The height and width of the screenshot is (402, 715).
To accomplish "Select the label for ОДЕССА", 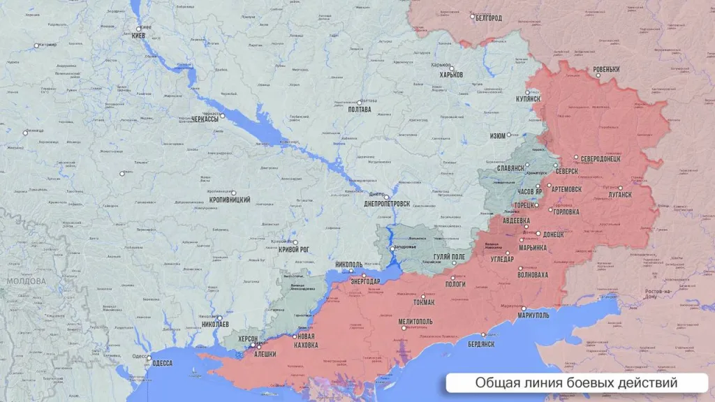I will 162,363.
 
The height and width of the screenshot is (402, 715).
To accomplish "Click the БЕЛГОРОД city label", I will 488,18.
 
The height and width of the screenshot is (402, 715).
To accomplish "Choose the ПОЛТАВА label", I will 359,110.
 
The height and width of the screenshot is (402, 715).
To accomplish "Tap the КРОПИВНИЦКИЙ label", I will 230,200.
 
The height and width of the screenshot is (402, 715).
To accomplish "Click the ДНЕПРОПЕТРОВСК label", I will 387,205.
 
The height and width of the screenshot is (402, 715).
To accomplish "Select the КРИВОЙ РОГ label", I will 293,249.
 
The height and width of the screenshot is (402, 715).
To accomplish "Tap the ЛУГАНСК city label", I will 615,195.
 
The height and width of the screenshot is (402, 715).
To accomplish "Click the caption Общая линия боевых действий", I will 576,383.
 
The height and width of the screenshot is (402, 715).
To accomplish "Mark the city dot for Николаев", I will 219,318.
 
